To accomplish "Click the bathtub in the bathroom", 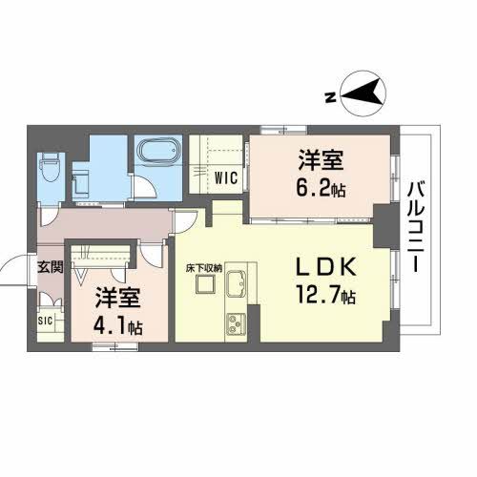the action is pyautogui.click(x=158, y=151).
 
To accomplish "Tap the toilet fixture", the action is pyautogui.click(x=50, y=166).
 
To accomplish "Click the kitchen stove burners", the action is pyautogui.click(x=236, y=324).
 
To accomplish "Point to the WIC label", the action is pyautogui.click(x=226, y=177).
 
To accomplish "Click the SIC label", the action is pyautogui.click(x=45, y=321).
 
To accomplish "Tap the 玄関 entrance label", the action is pyautogui.click(x=50, y=267).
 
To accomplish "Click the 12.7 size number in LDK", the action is pyautogui.click(x=318, y=294).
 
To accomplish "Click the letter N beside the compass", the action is pyautogui.click(x=331, y=97).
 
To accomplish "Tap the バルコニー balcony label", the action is pyautogui.click(x=416, y=227).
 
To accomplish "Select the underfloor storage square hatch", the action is pyautogui.click(x=205, y=284).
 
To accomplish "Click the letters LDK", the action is pyautogui.click(x=326, y=267).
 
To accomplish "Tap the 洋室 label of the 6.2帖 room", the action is pyautogui.click(x=321, y=160).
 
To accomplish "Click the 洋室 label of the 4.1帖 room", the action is pyautogui.click(x=117, y=298).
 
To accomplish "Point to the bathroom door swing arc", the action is pyautogui.click(x=147, y=186).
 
